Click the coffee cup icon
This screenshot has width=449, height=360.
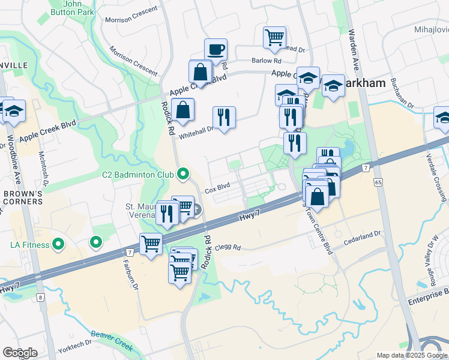click(215, 49)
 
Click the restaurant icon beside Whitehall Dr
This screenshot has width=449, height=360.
click(224, 118)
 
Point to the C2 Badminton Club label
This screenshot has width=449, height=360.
click(137, 175)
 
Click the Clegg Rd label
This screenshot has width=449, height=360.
click(228, 247)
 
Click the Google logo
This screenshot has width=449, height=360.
click(19, 352)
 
